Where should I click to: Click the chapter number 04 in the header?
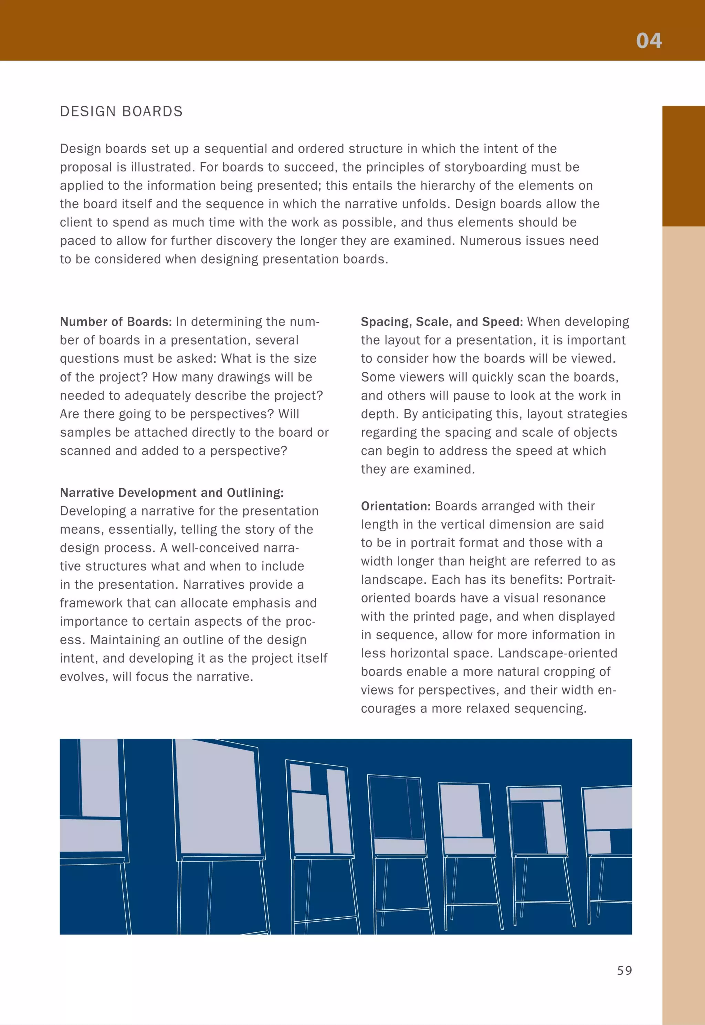click(649, 41)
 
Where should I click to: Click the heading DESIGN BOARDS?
click(121, 111)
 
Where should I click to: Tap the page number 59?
click(624, 970)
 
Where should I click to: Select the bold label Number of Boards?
click(116, 321)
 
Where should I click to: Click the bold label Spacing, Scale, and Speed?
click(441, 321)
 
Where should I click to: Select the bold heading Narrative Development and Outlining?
click(171, 493)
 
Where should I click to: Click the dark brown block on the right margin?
click(683, 166)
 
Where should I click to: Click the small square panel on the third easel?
click(301, 777)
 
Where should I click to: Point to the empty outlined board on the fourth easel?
click(394, 807)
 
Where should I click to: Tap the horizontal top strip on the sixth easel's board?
click(535, 794)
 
